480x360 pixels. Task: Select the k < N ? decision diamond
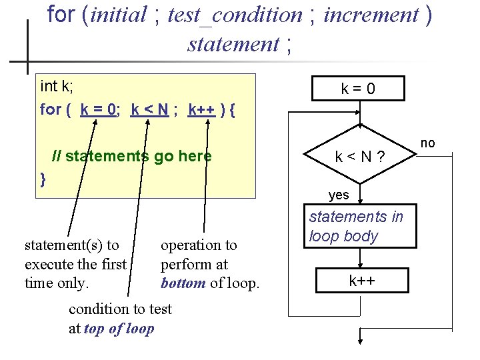(360, 157)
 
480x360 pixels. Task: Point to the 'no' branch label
(427, 143)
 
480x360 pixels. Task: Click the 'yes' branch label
(339, 195)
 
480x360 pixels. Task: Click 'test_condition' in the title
(235, 15)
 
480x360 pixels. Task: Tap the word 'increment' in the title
(371, 15)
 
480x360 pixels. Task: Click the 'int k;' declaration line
(57, 87)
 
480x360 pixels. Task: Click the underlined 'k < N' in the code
(149, 109)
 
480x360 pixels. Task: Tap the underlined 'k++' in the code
(201, 109)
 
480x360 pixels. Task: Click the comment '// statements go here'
(132, 157)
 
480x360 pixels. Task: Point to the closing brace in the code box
(43, 179)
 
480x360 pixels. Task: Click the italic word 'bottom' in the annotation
(183, 283)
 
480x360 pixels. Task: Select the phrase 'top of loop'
(119, 329)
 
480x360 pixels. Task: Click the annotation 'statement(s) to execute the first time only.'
(75, 264)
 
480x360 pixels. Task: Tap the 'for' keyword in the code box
(51, 109)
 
